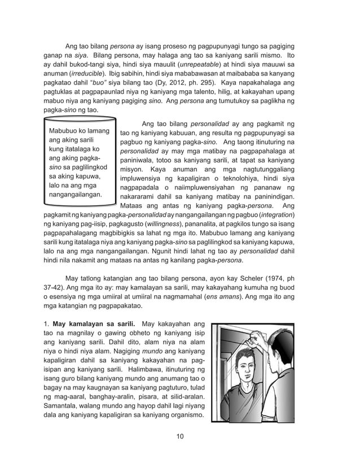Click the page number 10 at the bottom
[180, 435]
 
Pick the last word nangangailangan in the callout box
[76, 195]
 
